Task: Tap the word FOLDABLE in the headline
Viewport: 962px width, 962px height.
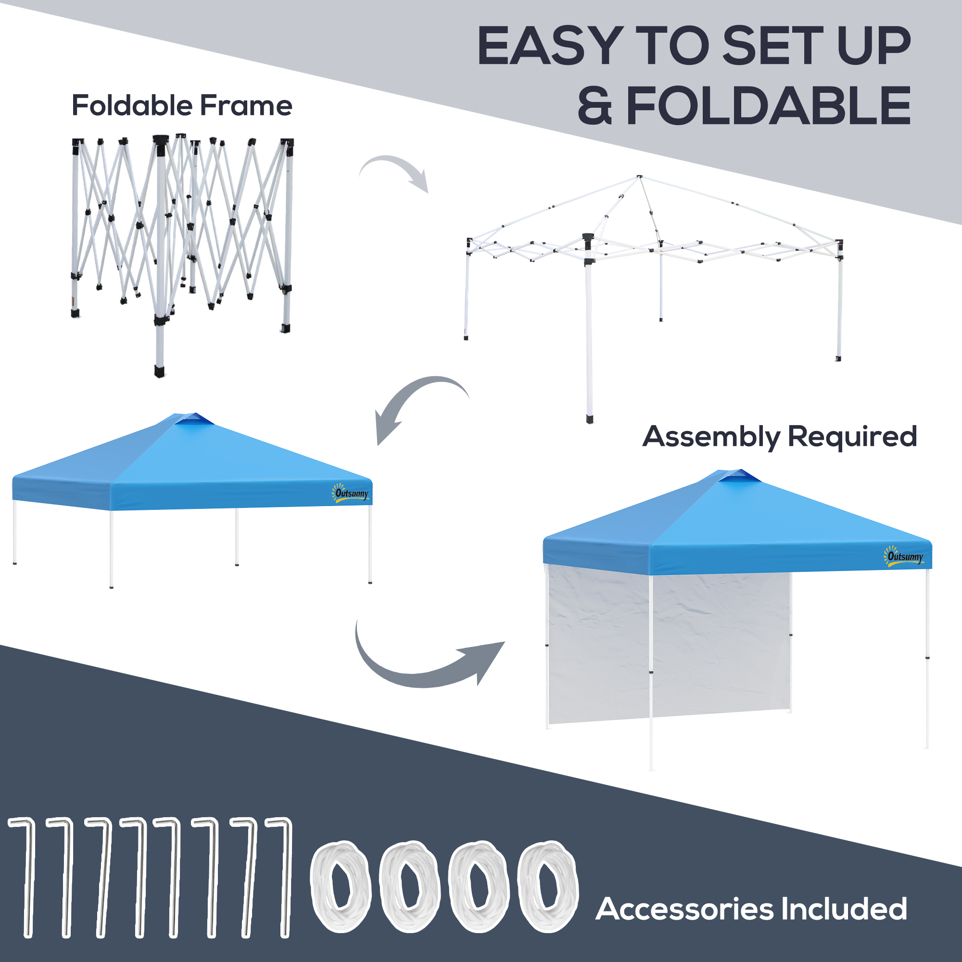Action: pos(768,105)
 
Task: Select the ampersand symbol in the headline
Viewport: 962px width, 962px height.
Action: pos(595,105)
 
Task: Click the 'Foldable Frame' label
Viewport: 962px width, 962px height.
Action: pos(182,105)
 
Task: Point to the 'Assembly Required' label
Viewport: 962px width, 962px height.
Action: pos(780,437)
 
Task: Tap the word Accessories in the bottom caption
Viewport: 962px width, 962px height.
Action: pos(684,909)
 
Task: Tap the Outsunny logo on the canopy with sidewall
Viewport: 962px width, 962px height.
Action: pos(904,556)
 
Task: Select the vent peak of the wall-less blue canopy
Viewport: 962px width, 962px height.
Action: pos(194,419)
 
